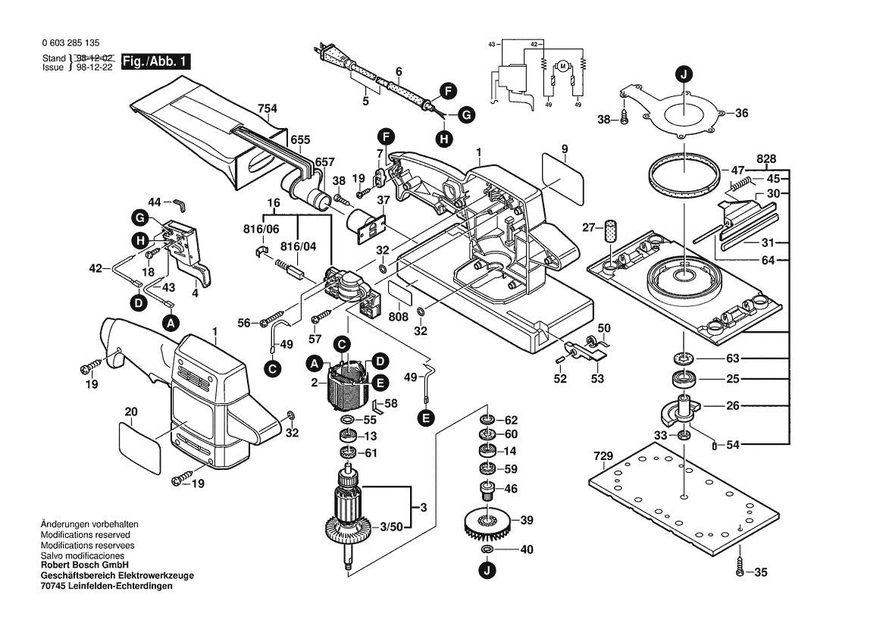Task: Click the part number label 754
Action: point(267,108)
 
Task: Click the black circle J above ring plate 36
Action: point(684,74)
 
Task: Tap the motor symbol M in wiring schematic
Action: point(562,67)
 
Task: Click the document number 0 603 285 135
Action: point(72,44)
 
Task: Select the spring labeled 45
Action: point(744,183)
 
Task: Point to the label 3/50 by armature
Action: point(391,525)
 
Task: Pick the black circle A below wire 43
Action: point(171,323)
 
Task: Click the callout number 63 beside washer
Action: point(732,358)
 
